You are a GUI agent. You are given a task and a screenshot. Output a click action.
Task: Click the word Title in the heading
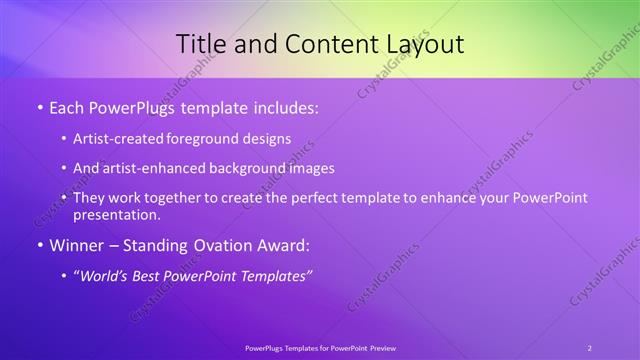202,44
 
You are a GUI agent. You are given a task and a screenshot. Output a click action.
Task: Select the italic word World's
105,275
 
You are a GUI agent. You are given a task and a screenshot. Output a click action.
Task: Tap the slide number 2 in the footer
590,348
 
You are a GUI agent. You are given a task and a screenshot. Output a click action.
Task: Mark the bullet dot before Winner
38,245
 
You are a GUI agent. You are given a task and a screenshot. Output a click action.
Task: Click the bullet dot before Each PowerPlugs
38,107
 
